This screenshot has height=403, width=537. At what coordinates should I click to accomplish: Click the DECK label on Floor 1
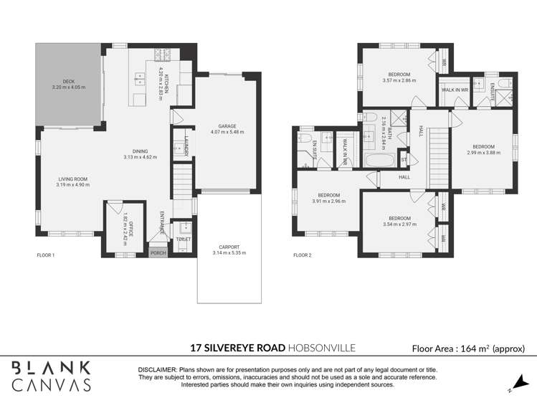click(68, 82)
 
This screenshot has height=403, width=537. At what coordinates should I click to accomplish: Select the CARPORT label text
click(229, 247)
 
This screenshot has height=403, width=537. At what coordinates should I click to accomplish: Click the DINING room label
click(140, 151)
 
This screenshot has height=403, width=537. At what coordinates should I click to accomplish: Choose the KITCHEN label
click(166, 81)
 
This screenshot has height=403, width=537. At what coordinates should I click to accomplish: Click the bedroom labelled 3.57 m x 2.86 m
click(399, 75)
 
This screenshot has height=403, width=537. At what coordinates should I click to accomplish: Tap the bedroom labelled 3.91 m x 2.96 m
click(328, 196)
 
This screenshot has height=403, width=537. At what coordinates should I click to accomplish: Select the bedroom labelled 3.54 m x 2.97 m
click(399, 219)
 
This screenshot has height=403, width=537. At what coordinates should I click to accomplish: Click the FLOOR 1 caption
click(46, 255)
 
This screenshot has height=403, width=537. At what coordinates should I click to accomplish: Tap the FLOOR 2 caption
click(303, 255)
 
